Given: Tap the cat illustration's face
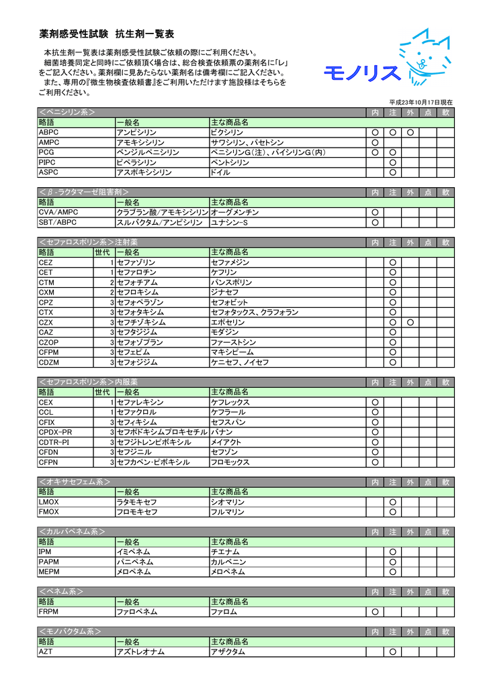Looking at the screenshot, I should (420, 60).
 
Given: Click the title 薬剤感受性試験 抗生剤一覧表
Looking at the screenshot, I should (107, 34).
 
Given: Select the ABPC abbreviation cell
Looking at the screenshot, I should (50, 133).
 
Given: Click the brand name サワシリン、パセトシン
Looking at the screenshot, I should (247, 143).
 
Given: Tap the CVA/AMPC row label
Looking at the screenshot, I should (58, 213).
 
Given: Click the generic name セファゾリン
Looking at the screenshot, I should (136, 262).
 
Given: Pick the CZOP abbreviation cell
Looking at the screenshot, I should (50, 342).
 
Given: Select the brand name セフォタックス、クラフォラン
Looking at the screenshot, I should (255, 312).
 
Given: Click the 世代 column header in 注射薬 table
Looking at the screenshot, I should (102, 252).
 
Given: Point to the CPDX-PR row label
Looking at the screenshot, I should (55, 432).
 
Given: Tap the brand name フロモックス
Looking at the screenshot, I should (230, 462).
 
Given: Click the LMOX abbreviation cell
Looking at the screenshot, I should (50, 502).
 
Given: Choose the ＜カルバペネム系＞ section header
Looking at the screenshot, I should (73, 531).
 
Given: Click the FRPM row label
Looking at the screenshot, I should (50, 611).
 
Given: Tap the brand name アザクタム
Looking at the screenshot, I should (229, 651).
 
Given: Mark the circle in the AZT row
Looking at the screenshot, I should (392, 651).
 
